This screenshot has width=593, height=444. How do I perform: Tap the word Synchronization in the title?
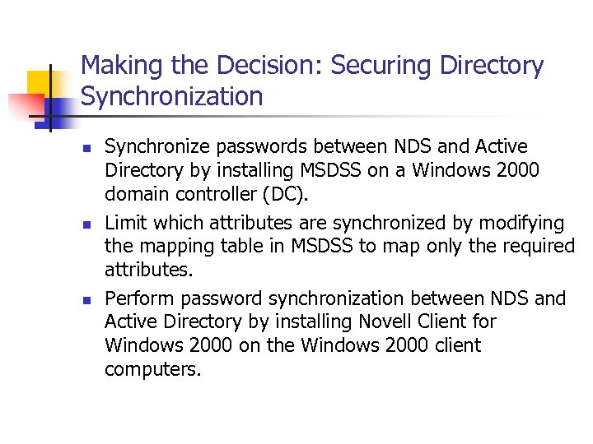[171, 97]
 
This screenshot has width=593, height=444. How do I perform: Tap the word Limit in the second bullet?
[124, 223]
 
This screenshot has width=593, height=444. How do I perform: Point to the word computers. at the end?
[152, 369]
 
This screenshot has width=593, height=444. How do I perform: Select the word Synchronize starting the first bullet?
[158, 146]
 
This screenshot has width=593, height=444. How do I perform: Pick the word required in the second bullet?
[539, 246]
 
